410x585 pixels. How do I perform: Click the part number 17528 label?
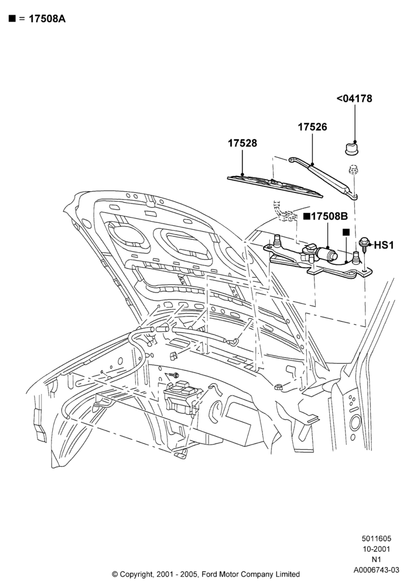click(x=242, y=143)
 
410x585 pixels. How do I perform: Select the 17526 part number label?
click(x=312, y=127)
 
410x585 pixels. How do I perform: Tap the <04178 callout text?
click(x=354, y=98)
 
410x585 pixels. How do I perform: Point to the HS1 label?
click(x=384, y=245)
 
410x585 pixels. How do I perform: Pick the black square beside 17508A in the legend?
click(x=12, y=19)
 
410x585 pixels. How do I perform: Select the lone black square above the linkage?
click(x=346, y=232)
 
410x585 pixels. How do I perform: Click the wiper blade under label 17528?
click(x=275, y=185)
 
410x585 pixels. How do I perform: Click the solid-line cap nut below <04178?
click(x=351, y=149)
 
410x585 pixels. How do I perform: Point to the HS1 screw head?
click(x=364, y=243)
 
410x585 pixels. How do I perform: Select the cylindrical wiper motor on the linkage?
click(x=326, y=254)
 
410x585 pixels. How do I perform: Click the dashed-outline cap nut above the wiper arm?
click(x=353, y=170)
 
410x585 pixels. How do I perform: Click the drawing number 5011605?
click(x=376, y=538)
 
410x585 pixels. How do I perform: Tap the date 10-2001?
click(x=377, y=549)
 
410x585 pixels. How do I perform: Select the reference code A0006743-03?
click(x=377, y=570)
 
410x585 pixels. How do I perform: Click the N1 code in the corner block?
click(x=376, y=559)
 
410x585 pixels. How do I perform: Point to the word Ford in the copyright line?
click(x=211, y=574)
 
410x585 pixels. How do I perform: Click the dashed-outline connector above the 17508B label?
click(x=284, y=212)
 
